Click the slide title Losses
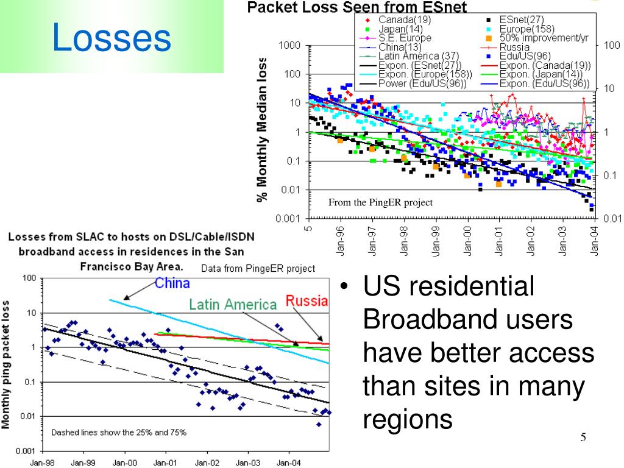112,37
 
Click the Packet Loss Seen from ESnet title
356,7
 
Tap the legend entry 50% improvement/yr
544,38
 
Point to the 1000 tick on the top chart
289,46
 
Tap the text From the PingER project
380,203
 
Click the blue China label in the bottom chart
172,283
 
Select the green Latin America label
232,304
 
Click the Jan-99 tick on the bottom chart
83,463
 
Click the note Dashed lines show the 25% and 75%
118,432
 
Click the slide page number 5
583,438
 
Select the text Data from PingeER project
258,268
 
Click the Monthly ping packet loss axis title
5,364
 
